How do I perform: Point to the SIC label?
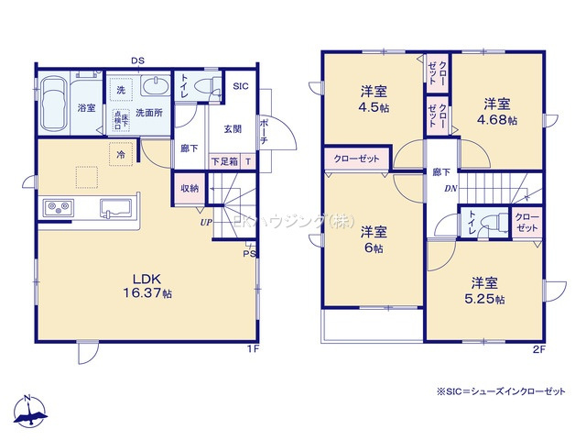click(240, 86)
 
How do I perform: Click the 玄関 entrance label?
click(233, 129)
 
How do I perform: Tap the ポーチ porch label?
click(264, 128)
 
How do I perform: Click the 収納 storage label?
click(190, 188)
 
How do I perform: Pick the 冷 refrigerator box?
click(121, 155)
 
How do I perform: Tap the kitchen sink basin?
click(115, 206)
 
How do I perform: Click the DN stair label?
click(450, 189)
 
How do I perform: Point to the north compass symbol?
click(27, 411)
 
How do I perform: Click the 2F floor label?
click(540, 350)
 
